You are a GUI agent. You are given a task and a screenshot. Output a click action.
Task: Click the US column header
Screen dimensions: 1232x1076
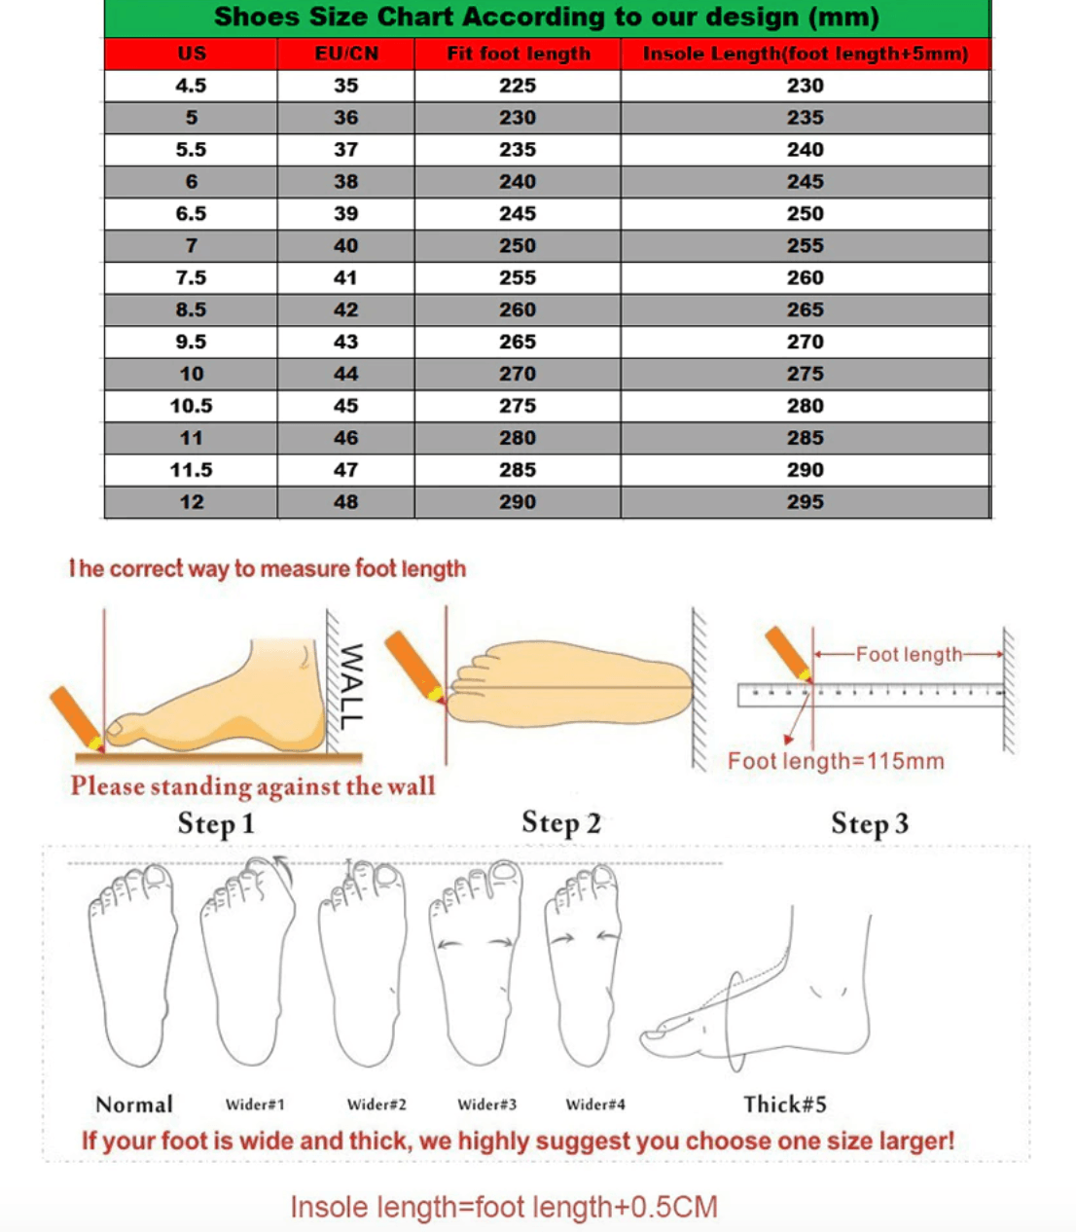pos(191,54)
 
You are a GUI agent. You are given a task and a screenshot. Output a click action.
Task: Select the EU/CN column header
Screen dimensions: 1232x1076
pos(346,54)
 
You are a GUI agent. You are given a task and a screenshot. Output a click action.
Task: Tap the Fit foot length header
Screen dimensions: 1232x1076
pos(518,54)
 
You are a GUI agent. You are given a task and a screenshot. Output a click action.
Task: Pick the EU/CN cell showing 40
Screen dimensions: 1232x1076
pos(346,246)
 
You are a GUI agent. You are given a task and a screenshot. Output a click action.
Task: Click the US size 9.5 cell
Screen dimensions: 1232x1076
pos(191,343)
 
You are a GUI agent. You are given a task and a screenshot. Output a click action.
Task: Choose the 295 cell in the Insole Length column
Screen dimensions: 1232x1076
pos(806,502)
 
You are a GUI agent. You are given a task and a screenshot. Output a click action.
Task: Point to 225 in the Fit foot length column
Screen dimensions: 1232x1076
pos(518,86)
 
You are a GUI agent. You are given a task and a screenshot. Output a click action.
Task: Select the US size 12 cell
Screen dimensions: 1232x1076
pos(191,502)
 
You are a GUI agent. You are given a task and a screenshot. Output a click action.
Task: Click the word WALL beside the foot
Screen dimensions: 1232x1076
pos(350,686)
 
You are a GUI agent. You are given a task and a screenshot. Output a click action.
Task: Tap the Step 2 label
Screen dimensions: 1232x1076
pos(561,823)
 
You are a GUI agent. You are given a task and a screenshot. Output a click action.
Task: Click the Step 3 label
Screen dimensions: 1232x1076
pos(870,824)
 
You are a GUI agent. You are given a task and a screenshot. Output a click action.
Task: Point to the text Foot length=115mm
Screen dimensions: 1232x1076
pos(836,761)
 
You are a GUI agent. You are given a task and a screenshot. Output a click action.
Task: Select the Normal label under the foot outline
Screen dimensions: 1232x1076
pos(134,1105)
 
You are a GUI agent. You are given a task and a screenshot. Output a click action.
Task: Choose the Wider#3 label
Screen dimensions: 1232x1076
pos(486,1105)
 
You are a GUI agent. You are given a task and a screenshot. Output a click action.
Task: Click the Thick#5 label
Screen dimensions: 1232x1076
pos(785,1105)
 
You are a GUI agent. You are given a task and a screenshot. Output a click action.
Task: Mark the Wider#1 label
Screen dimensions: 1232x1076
pos(255,1105)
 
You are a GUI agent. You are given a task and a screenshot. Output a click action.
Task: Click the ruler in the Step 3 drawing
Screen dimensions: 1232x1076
pos(871,695)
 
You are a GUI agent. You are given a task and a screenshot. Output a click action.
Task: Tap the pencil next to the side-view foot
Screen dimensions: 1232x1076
pos(77,718)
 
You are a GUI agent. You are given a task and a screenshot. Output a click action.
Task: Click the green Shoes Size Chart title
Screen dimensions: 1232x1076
pos(547,18)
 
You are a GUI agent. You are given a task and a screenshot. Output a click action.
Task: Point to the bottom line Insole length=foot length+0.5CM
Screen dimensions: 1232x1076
pos(504,1208)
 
